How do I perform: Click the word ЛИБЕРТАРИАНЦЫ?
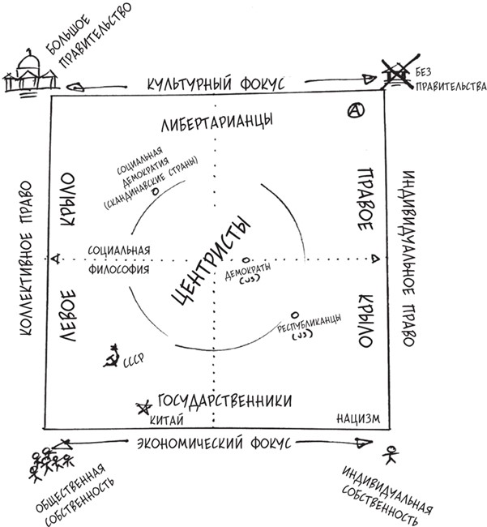click(x=216, y=121)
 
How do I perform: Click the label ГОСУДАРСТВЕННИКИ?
click(x=223, y=401)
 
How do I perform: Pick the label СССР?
click(x=132, y=366)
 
